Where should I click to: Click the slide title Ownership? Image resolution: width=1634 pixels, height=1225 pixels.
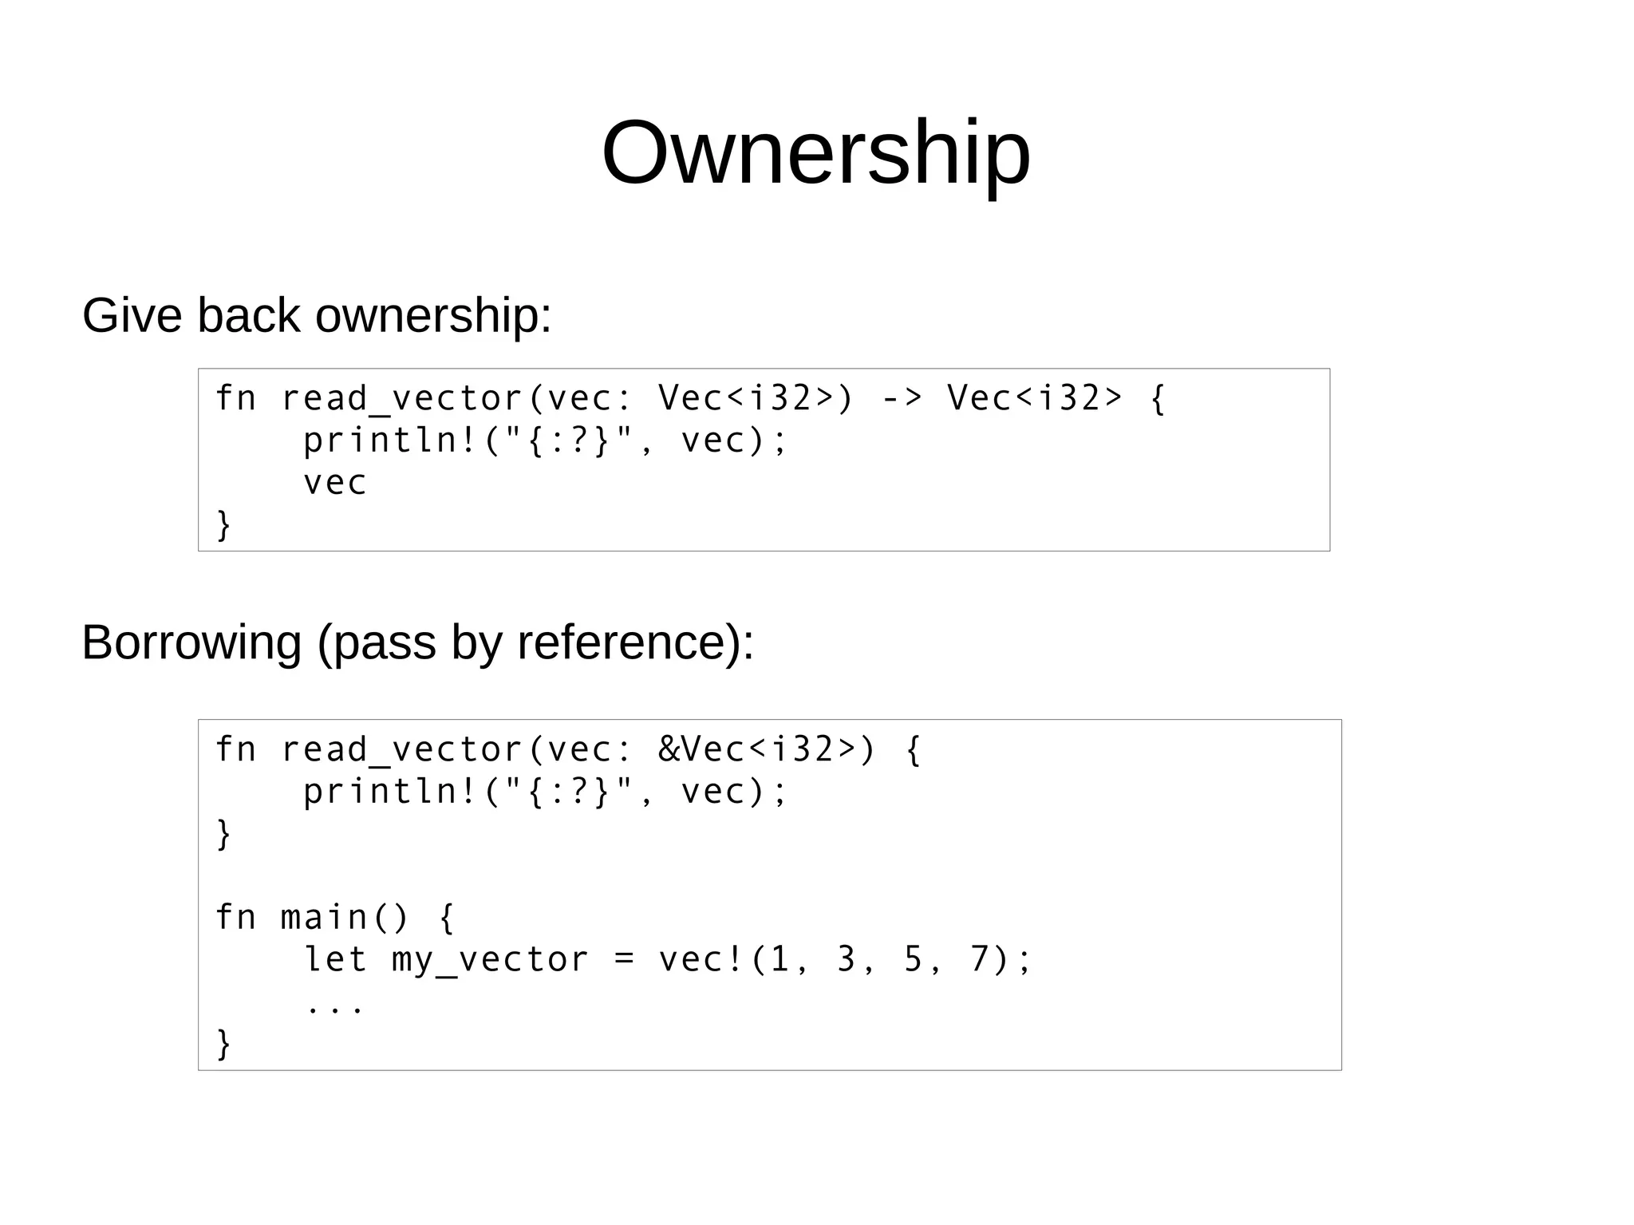[815, 153]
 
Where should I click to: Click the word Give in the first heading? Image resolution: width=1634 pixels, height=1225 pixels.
[132, 315]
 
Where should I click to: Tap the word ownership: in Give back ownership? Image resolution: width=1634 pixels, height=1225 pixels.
[433, 317]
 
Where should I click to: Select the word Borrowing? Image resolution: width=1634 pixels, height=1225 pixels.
[191, 642]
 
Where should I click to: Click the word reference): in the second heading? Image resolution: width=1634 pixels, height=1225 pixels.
[635, 642]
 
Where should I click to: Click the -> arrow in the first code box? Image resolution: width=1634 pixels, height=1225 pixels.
[902, 398]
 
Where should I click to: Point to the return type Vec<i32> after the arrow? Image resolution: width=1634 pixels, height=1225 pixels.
[1035, 398]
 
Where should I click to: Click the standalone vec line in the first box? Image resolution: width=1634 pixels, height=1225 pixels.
[334, 483]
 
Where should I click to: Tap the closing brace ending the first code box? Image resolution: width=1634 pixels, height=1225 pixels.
[223, 525]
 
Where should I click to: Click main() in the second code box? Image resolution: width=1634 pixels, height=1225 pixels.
[344, 918]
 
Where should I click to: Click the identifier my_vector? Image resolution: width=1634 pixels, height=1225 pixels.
[490, 960]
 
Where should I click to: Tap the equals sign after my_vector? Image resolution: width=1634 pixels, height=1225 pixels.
[624, 960]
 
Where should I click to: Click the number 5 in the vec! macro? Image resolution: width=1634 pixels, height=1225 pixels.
[913, 959]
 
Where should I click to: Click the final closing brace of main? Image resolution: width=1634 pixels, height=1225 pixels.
[223, 1044]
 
